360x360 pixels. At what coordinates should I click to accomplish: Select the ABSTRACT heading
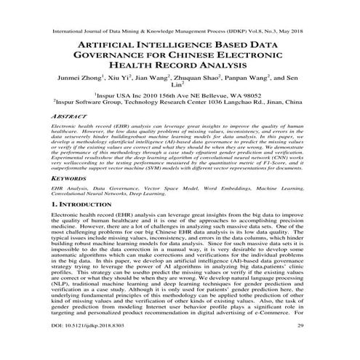[64, 116]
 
